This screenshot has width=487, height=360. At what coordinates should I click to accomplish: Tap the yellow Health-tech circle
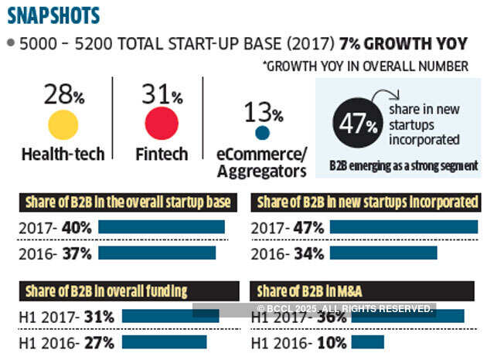click(63, 124)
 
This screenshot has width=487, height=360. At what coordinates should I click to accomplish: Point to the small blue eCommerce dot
click(263, 134)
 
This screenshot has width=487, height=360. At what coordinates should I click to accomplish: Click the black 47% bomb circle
click(358, 124)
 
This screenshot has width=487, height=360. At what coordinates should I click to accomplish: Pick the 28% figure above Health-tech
click(63, 95)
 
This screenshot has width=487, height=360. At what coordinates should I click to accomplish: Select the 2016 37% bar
click(157, 252)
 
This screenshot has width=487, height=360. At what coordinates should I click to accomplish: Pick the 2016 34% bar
click(383, 252)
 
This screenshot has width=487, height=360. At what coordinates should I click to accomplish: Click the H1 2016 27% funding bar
click(164, 341)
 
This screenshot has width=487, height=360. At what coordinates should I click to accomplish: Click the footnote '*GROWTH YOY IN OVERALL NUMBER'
click(365, 66)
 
